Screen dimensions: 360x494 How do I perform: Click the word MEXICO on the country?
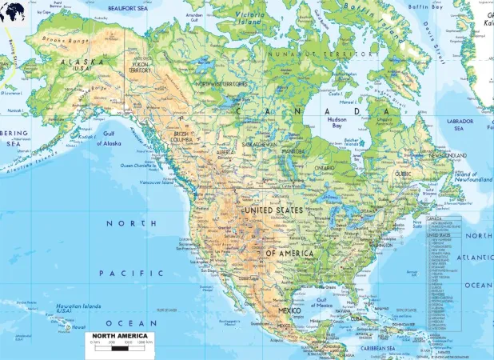(x=289, y=310)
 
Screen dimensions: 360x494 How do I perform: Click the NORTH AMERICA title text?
(x=118, y=336)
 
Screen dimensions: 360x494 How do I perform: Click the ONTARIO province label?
(x=324, y=167)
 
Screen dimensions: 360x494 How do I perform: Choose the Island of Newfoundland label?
(x=473, y=178)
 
